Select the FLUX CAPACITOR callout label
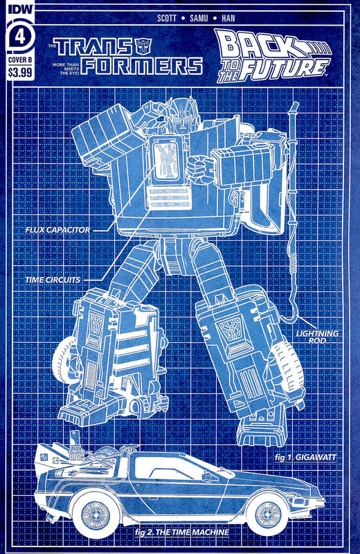[57, 229]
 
